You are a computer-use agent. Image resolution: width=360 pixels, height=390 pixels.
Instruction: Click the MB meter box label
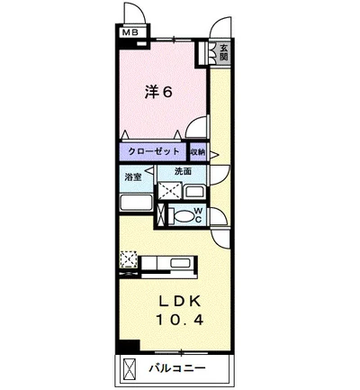[130, 32]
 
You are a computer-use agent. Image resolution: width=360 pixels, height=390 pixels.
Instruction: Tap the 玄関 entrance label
[223, 52]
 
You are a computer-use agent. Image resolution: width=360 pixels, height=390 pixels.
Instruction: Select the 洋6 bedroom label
[158, 92]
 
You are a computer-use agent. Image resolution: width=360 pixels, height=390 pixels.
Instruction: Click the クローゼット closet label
[154, 151]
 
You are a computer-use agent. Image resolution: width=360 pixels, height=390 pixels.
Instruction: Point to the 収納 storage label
[198, 152]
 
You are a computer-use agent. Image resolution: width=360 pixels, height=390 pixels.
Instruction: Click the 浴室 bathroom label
[133, 177]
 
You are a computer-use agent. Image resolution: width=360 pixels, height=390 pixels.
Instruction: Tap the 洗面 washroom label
[183, 171]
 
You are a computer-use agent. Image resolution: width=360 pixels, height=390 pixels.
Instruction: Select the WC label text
[198, 215]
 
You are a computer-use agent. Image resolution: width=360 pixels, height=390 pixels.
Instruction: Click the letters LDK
[179, 302]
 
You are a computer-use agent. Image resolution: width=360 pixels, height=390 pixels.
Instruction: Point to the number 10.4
[180, 320]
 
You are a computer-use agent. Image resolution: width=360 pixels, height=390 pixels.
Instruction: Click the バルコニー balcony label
[177, 367]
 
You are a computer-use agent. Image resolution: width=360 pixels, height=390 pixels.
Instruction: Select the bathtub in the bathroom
[137, 203]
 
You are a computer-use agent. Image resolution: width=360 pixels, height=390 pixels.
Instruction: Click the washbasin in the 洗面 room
[194, 192]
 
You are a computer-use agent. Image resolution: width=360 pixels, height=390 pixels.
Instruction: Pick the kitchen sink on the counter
[180, 263]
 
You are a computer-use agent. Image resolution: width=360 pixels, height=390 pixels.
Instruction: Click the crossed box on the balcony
[130, 369]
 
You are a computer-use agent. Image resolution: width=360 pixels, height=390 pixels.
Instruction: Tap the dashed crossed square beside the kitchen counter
[129, 259]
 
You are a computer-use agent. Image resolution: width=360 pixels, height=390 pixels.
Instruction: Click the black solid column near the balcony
[129, 346]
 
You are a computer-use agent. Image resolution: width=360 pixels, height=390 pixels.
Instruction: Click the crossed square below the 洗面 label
[170, 191]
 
